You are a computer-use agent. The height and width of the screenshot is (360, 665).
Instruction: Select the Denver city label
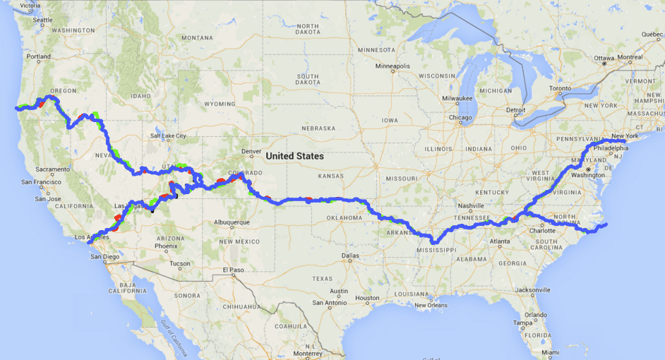251,151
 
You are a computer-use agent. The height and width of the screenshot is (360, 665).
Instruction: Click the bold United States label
295,156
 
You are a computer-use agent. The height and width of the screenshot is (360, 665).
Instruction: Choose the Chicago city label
459,117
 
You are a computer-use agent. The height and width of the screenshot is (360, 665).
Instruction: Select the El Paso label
232,270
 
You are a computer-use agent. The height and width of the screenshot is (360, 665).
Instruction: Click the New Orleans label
430,305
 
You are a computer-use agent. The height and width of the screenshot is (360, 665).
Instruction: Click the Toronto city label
560,89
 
